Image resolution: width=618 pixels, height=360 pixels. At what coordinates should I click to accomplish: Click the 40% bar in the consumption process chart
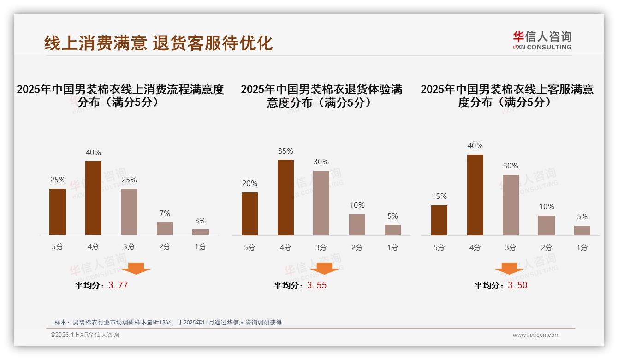click(94, 198)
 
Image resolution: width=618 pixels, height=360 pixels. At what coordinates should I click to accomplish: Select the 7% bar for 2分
click(165, 228)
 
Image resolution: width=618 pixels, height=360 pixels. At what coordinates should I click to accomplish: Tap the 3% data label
click(200, 221)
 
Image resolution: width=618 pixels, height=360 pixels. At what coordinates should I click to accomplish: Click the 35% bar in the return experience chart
click(285, 198)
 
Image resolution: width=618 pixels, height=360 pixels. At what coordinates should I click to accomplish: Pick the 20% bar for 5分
click(250, 214)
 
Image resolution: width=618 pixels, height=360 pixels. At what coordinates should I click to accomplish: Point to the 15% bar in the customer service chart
click(439, 220)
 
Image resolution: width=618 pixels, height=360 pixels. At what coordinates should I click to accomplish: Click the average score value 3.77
click(118, 285)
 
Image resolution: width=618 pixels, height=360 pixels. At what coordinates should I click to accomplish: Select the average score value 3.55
click(317, 285)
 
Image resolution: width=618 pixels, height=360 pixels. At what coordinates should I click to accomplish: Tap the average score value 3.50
click(517, 285)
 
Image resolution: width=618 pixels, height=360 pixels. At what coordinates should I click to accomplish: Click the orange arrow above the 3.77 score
click(136, 268)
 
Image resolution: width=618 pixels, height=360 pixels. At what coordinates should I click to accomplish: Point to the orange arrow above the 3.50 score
click(509, 268)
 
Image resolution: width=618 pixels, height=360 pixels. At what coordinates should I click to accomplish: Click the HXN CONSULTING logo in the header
click(542, 41)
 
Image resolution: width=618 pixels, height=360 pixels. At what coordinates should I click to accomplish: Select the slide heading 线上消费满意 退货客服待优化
click(158, 43)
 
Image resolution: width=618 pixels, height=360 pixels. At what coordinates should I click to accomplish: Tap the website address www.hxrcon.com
click(536, 335)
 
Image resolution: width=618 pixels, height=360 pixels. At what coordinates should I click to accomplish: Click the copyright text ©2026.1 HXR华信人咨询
click(85, 335)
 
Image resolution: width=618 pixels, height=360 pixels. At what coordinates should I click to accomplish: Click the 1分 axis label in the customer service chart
click(582, 247)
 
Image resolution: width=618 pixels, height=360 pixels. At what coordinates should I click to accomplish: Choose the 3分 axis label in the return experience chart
click(321, 247)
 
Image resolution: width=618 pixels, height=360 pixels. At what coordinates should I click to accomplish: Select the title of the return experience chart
click(321, 96)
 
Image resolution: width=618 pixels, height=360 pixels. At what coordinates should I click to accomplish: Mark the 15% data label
click(439, 196)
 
